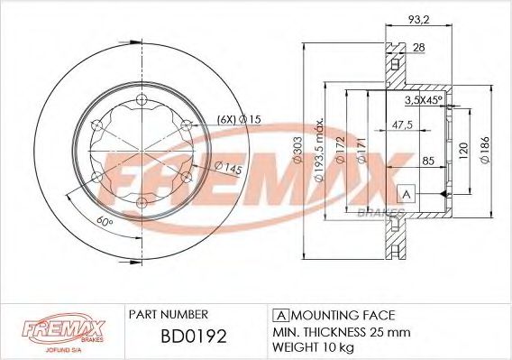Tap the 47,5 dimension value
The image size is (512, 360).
coord(402,125)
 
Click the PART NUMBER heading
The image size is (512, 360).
coord(169,315)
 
